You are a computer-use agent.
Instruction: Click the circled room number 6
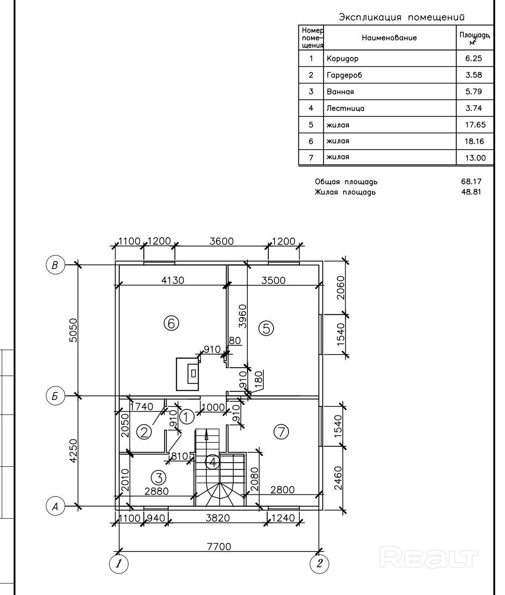click(171, 323)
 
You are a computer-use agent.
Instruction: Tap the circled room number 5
click(266, 328)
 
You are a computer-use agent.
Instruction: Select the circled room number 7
click(281, 432)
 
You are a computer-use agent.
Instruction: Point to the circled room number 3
click(159, 478)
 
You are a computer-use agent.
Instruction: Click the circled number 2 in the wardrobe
click(144, 432)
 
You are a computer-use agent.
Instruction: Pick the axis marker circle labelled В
click(55, 265)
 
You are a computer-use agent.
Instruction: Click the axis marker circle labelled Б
click(55, 396)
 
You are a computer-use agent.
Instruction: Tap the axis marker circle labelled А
click(55, 506)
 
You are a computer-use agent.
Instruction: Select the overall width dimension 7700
click(219, 547)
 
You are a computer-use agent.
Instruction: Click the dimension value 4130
click(173, 280)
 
